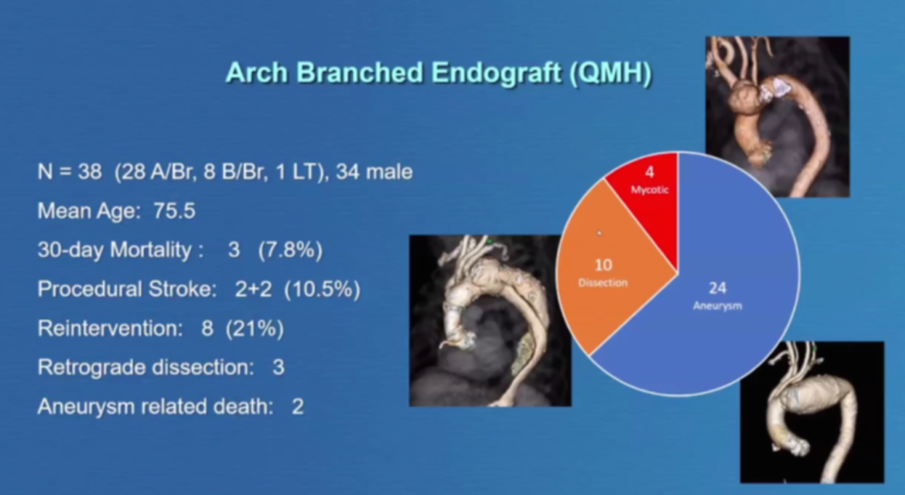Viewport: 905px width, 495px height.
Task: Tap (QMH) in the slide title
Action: point(611,73)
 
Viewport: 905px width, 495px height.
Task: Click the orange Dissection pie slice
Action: point(606,271)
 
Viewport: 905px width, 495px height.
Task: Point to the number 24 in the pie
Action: point(717,288)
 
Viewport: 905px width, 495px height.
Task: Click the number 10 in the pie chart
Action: point(603,265)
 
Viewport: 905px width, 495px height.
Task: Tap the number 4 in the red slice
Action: point(650,172)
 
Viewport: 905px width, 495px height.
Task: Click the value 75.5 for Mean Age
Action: point(174,211)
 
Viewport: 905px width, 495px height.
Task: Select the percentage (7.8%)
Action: point(290,250)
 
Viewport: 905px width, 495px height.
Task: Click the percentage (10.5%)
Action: point(322,289)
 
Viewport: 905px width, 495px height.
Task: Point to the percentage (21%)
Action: point(255,328)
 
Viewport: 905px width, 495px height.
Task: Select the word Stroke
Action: point(183,289)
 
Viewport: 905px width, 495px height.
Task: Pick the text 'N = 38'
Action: point(70,172)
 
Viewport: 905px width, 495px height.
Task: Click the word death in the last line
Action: point(243,407)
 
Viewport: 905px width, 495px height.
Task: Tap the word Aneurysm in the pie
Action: point(717,306)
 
